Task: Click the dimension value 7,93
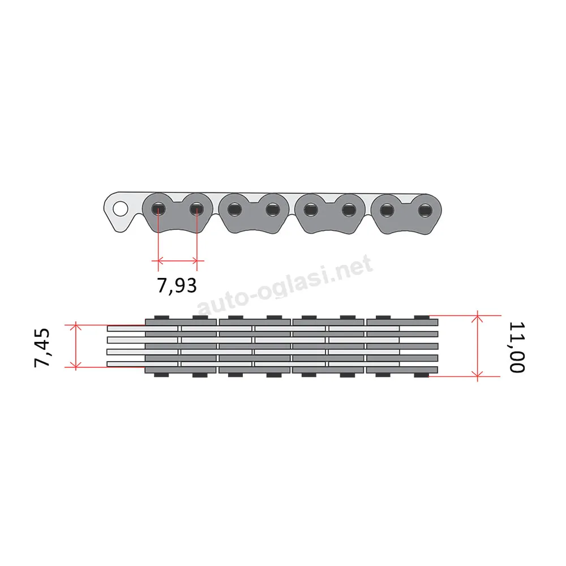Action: (177, 285)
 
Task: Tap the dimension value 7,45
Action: (42, 348)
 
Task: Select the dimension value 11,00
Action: (517, 347)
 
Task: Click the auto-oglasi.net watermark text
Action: (285, 284)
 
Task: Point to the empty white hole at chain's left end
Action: (120, 209)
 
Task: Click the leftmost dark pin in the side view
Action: (158, 209)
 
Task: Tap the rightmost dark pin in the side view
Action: (425, 211)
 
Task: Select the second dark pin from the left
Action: (197, 209)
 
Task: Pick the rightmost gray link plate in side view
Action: (406, 215)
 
